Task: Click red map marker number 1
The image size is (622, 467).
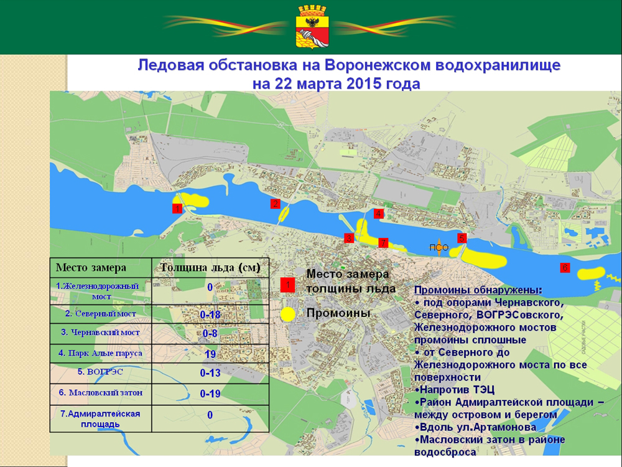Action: (x=177, y=209)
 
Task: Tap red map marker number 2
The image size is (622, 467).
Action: (x=275, y=204)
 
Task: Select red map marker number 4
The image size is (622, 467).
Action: (x=378, y=214)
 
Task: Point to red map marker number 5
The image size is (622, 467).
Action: (x=462, y=238)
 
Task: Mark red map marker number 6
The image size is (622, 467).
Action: (x=564, y=268)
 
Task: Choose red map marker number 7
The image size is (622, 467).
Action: (x=383, y=242)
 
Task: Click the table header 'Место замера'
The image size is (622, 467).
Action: (x=91, y=268)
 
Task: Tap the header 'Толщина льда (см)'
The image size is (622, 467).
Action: (x=210, y=268)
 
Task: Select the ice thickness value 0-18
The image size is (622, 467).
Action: (x=210, y=315)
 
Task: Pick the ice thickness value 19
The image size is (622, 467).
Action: (x=210, y=354)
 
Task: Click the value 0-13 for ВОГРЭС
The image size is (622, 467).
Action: (x=210, y=373)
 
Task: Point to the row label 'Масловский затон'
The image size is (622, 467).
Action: (x=101, y=393)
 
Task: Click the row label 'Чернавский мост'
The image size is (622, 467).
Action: (x=101, y=333)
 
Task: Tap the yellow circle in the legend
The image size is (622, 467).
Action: (x=287, y=314)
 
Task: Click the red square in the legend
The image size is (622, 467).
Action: (x=287, y=285)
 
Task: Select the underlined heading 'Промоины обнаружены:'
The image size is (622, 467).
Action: (x=478, y=291)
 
